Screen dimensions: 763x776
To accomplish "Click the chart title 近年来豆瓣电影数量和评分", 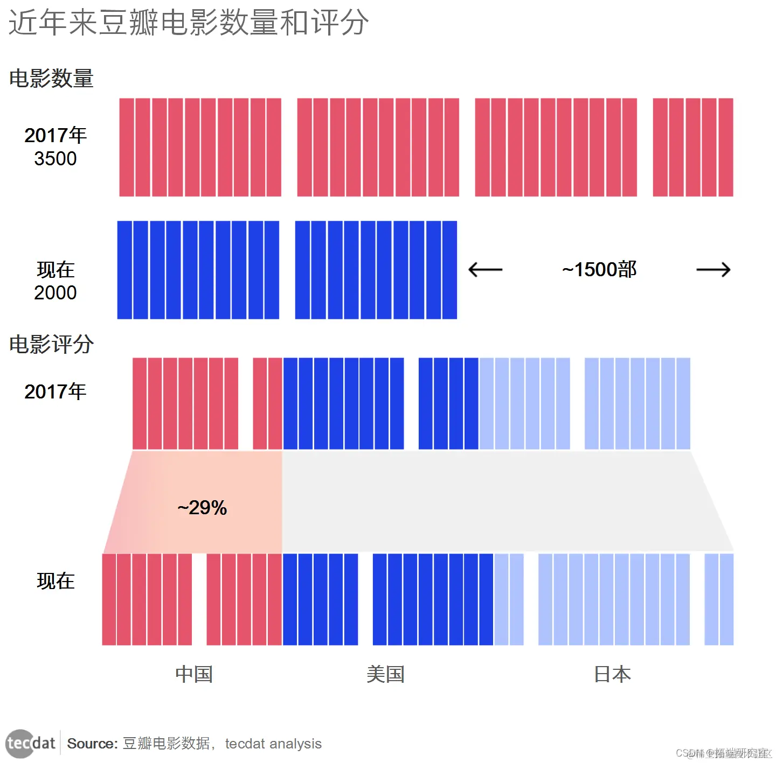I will [x=189, y=23].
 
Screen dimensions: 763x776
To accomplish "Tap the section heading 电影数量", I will [x=51, y=79].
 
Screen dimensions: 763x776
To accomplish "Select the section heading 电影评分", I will [x=51, y=344].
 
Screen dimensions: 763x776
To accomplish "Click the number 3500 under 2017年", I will [x=55, y=159].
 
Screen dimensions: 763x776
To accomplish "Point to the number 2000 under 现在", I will [x=55, y=293].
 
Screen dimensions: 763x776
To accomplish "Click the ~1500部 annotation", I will [x=599, y=269].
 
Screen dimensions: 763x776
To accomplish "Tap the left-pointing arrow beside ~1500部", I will [x=485, y=269].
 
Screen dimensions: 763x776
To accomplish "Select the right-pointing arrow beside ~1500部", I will [x=713, y=269].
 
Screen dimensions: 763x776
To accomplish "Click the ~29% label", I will [x=202, y=508].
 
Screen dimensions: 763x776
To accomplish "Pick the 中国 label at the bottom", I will [x=194, y=674].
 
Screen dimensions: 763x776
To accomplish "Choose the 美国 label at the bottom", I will [x=385, y=674].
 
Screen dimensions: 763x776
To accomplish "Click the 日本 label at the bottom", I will [x=612, y=674].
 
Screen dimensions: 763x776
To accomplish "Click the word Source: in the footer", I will [x=92, y=744].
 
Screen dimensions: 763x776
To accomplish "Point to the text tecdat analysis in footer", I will [x=273, y=744].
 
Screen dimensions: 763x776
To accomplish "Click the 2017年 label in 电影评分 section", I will [x=55, y=391].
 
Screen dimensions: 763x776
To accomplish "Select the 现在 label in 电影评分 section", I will [x=55, y=581].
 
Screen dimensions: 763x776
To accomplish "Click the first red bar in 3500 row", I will [x=127, y=147].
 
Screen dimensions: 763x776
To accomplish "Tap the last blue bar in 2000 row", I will [x=449, y=270].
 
